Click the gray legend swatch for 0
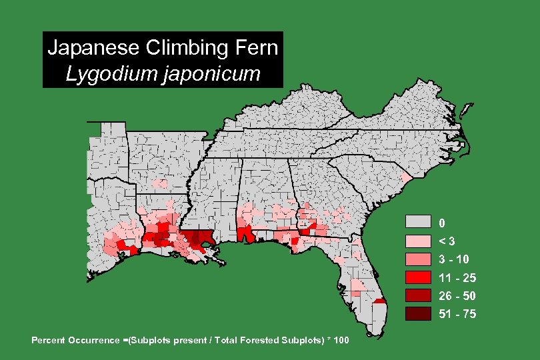click(x=419, y=222)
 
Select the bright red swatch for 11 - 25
click(x=419, y=277)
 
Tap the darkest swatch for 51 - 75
click(x=419, y=313)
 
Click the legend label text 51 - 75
click(x=457, y=313)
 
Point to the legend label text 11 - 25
click(x=457, y=277)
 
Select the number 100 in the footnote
click(x=340, y=341)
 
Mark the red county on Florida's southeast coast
click(x=380, y=301)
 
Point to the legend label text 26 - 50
click(x=457, y=295)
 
